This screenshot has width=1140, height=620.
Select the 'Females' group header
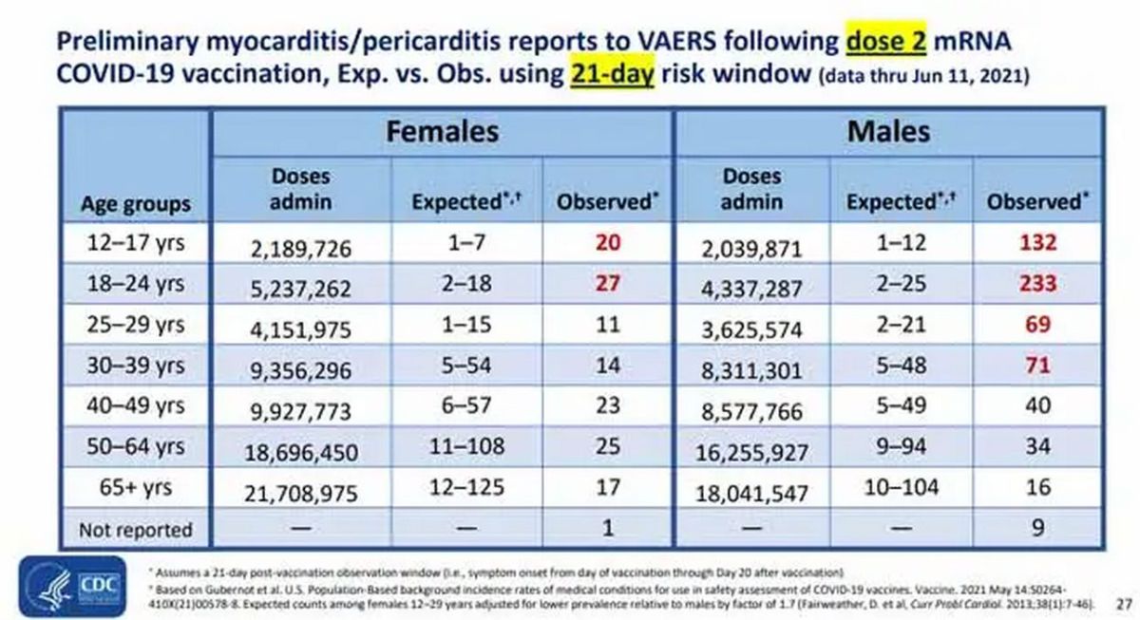coord(442,130)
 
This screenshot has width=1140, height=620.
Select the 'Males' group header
coord(888,130)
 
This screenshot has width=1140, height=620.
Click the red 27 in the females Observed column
coord(607,283)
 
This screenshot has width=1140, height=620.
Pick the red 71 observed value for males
coord(1037,366)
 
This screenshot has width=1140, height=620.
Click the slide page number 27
coord(1124,603)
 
